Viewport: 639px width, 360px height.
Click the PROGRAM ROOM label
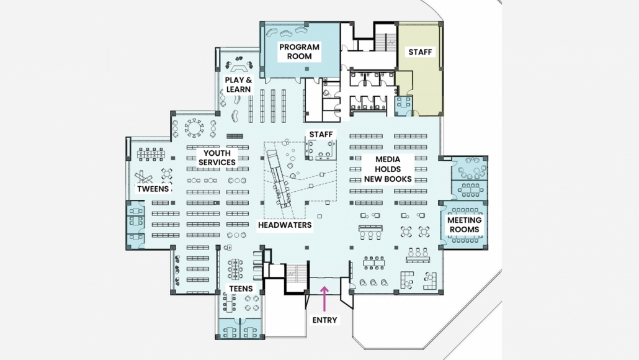(299, 52)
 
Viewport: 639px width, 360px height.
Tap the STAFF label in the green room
(420, 52)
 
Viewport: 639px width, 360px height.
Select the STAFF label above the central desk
(321, 134)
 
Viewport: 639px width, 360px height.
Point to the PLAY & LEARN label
(238, 84)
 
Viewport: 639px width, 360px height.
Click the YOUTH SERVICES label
(217, 158)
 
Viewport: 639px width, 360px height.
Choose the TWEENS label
(153, 189)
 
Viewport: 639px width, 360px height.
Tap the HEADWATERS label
(285, 225)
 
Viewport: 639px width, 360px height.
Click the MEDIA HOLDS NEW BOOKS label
(388, 169)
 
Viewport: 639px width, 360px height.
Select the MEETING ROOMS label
(464, 225)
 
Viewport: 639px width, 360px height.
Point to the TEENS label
(241, 289)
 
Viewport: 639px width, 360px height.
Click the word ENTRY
(324, 320)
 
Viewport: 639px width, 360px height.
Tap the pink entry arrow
(324, 299)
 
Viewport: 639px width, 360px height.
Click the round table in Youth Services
(194, 128)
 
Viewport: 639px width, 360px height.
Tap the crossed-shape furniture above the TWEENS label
(143, 177)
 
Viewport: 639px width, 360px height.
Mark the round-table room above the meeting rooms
(469, 168)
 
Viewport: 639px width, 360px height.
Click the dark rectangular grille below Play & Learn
(235, 137)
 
